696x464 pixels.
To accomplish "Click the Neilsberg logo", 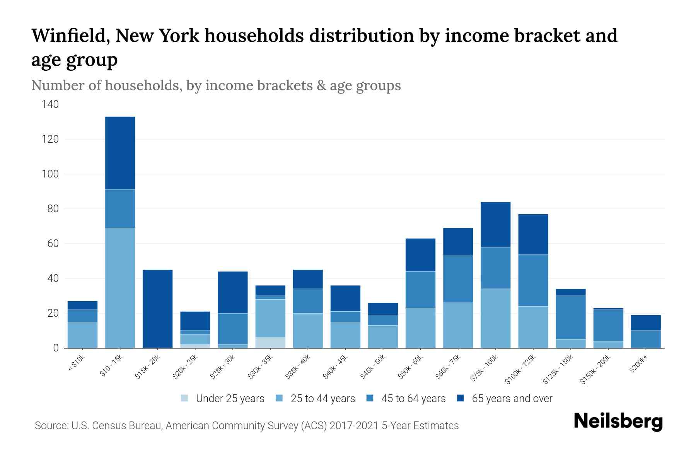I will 618,421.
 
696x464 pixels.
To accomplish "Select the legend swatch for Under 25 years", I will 185,398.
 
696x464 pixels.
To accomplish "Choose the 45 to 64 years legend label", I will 413,399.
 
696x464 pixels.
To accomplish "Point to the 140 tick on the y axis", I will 50,104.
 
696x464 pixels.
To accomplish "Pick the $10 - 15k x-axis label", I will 111,365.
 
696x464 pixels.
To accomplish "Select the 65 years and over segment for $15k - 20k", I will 158,309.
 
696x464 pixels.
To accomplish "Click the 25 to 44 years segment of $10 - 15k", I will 120,288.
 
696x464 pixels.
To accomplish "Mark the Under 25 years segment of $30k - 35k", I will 270,343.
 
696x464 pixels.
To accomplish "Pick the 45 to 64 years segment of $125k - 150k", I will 571,317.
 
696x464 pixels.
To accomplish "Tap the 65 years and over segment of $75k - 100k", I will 496,224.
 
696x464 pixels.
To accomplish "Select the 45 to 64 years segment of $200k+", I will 646,339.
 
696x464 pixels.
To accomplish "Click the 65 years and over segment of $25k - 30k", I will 233,292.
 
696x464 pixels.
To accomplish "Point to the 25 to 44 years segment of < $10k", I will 82,335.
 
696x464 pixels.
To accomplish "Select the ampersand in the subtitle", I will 321,85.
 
